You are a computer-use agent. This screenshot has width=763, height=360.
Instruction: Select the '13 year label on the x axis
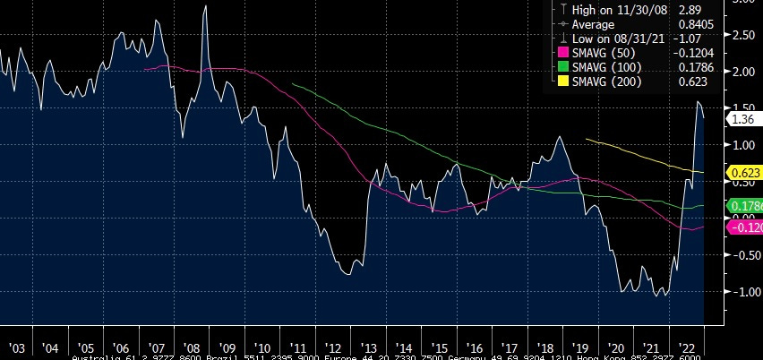click(x=369, y=347)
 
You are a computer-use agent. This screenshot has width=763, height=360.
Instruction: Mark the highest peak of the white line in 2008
click(x=206, y=6)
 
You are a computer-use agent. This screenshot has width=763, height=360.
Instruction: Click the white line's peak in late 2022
click(x=699, y=102)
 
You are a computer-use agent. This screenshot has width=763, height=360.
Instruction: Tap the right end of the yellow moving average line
click(x=704, y=172)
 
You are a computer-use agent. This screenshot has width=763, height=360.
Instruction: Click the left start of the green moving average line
click(x=292, y=83)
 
